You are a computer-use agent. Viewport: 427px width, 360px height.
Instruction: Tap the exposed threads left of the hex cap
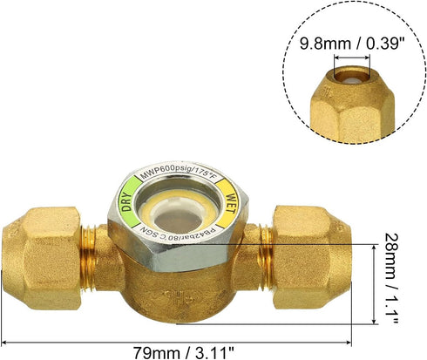coord(91,252)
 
